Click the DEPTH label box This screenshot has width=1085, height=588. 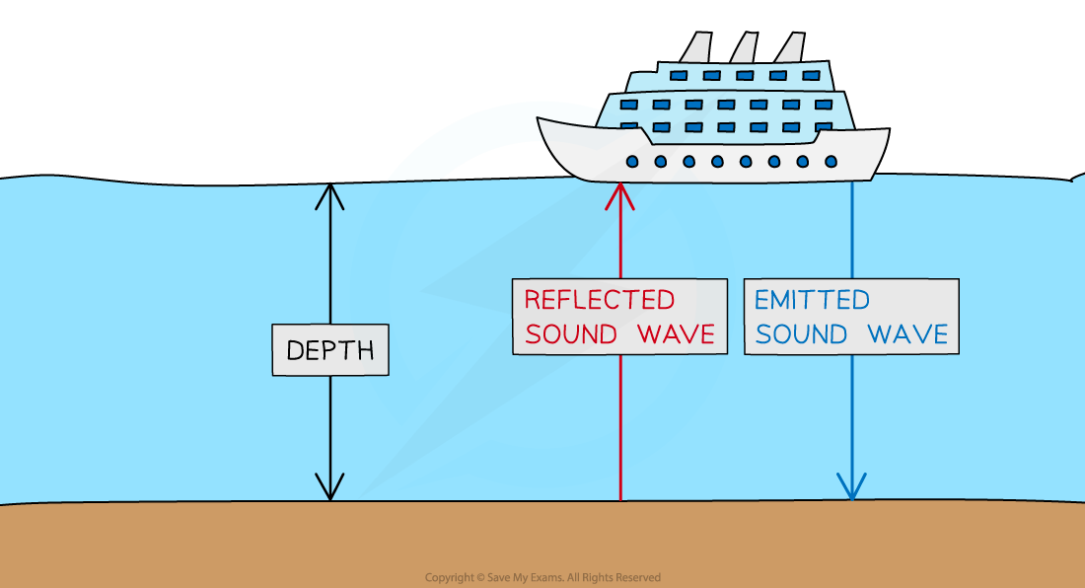click(x=329, y=350)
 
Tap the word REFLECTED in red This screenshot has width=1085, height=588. click(x=599, y=300)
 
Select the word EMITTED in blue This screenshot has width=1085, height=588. click(x=812, y=300)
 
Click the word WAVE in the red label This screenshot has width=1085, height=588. click(x=676, y=333)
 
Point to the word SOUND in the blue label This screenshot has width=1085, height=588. click(x=802, y=333)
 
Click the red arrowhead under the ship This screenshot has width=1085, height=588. click(x=620, y=194)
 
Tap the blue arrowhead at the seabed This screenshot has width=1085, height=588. click(x=851, y=486)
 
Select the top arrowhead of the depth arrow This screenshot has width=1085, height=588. click(x=329, y=195)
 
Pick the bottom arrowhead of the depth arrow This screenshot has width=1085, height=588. click(x=329, y=487)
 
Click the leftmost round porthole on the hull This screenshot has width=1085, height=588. click(x=632, y=162)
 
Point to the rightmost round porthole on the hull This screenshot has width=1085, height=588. click(x=831, y=162)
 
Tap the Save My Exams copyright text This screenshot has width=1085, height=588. click(x=542, y=578)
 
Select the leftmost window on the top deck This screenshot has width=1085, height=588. click(x=678, y=75)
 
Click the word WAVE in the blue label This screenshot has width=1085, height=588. click(x=907, y=333)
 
